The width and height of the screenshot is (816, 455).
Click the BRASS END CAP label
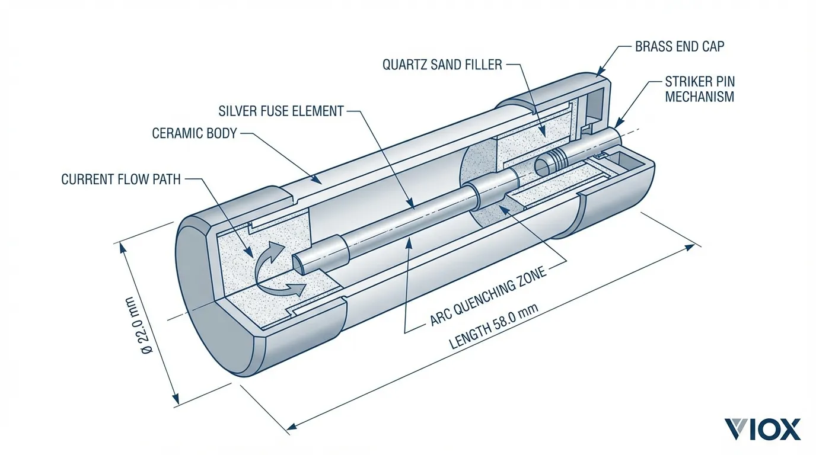(x=680, y=46)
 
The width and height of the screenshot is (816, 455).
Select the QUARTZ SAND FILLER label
(x=442, y=65)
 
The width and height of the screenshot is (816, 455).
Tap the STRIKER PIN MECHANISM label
(x=700, y=89)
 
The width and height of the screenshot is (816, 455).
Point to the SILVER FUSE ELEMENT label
(x=281, y=111)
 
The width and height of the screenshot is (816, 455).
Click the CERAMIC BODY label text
(x=194, y=133)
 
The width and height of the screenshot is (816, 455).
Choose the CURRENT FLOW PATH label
(x=121, y=179)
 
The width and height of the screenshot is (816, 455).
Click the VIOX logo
(x=762, y=429)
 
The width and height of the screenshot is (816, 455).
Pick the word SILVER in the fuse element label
(x=239, y=111)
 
